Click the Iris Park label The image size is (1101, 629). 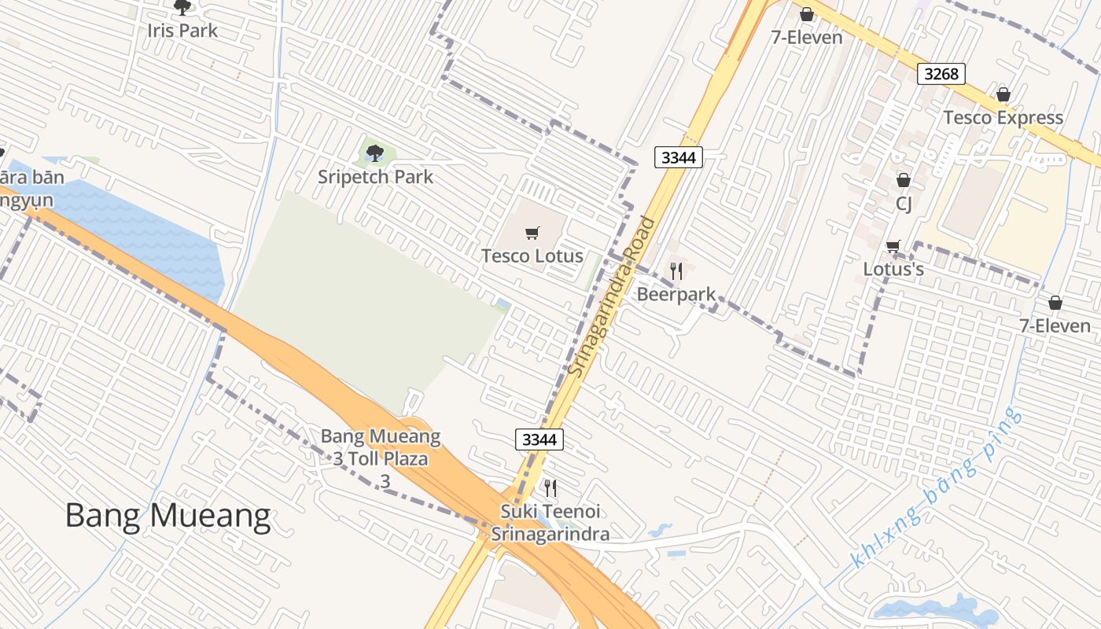click(x=182, y=31)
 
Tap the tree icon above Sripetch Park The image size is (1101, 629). click(x=375, y=153)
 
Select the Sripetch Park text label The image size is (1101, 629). click(x=375, y=176)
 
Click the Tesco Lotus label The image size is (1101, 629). click(x=532, y=256)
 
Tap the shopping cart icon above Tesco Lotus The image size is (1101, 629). click(x=532, y=233)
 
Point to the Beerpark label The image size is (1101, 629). click(x=676, y=294)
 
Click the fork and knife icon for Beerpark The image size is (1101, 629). click(x=676, y=271)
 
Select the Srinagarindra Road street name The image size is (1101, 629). click(x=613, y=296)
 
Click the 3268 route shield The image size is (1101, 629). click(x=941, y=74)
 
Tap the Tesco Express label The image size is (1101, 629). click(x=1003, y=118)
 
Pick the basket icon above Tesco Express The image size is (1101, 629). click(x=1003, y=95)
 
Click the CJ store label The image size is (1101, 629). click(x=904, y=204)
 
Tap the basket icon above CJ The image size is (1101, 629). click(x=904, y=181)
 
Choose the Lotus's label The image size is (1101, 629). click(x=893, y=269)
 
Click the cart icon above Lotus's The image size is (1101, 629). click(x=893, y=247)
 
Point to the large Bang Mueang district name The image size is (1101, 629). click(x=168, y=516)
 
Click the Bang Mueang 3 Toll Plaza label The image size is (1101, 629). click(x=381, y=458)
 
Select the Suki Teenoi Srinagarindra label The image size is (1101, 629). click(x=550, y=523)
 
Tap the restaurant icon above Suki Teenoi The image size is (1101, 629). click(x=550, y=488)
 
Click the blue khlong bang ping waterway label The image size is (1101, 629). click(x=937, y=487)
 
